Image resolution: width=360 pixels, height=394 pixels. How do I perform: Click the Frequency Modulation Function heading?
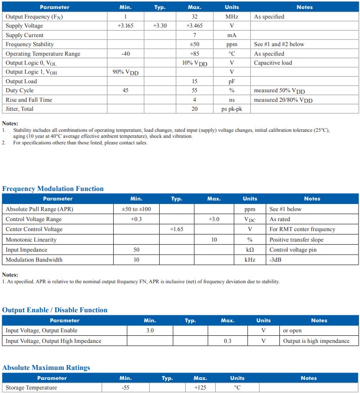pyautogui.click(x=53, y=189)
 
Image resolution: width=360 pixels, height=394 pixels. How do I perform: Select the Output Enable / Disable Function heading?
pyautogui.click(x=55, y=310)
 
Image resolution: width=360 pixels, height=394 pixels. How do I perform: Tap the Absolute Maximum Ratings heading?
pyautogui.click(x=46, y=368)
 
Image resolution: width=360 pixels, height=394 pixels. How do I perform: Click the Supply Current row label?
pyautogui.click(x=25, y=35)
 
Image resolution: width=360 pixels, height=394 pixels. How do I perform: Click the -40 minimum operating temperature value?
pyautogui.click(x=126, y=54)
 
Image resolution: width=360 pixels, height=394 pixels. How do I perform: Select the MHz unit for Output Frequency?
pyautogui.click(x=232, y=17)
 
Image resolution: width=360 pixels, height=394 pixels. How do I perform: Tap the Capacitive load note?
pyautogui.click(x=273, y=63)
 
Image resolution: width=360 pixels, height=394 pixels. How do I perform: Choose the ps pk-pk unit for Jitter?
pyautogui.click(x=232, y=109)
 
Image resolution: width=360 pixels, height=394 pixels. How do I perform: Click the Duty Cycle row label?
pyautogui.click(x=20, y=90)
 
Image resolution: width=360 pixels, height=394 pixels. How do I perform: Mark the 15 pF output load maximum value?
pyautogui.click(x=194, y=81)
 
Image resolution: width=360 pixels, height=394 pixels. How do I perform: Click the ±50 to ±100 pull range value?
pyautogui.click(x=136, y=209)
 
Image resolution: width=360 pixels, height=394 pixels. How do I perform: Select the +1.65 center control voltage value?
pyautogui.click(x=176, y=229)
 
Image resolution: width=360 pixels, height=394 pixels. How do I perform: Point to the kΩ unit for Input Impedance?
pyautogui.click(x=249, y=250)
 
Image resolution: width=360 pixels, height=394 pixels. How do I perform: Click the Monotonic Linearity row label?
pyautogui.click(x=31, y=240)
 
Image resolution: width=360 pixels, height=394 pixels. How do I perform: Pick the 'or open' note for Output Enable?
pyautogui.click(x=292, y=330)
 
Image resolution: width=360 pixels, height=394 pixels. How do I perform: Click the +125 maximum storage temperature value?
pyautogui.click(x=200, y=387)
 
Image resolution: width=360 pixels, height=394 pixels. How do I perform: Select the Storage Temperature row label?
pyautogui.click(x=31, y=387)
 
